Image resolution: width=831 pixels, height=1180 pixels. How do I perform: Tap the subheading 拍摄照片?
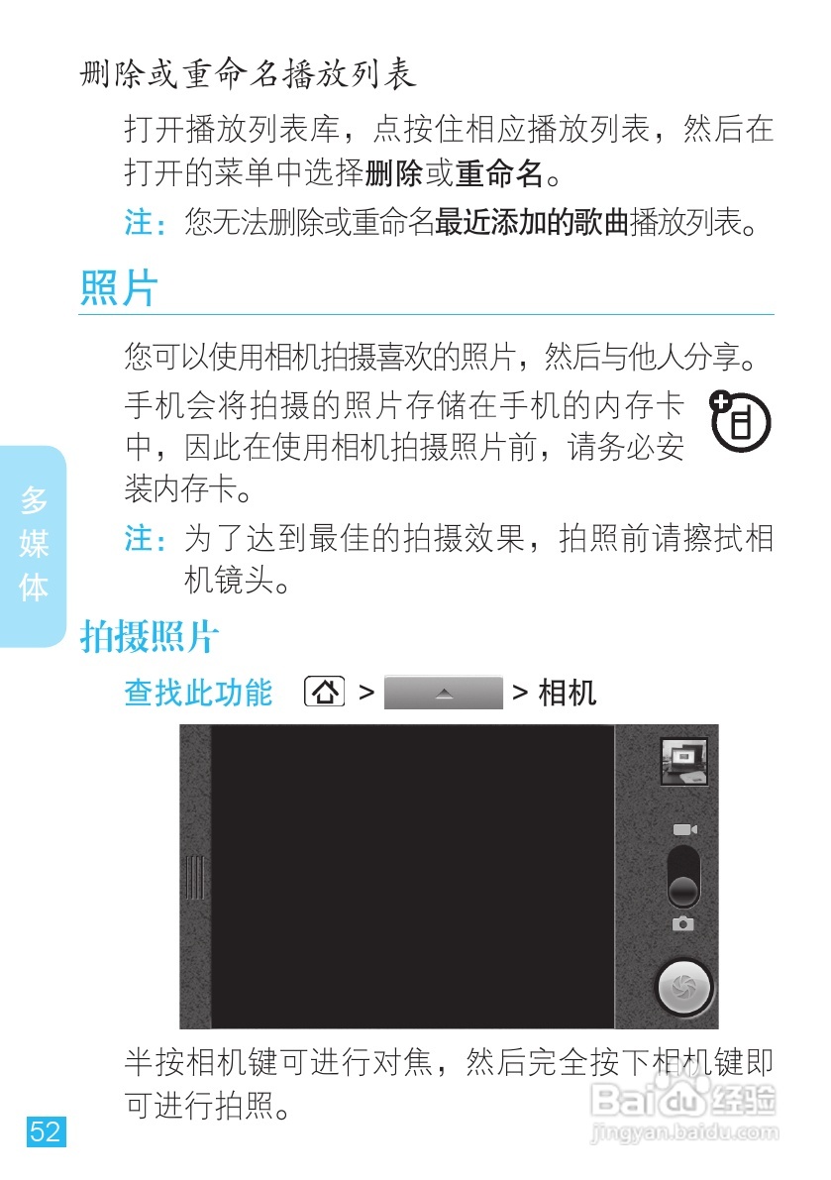(x=149, y=638)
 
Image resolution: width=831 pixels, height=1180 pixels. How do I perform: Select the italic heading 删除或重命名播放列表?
(x=248, y=74)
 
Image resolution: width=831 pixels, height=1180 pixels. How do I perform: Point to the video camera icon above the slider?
(x=684, y=829)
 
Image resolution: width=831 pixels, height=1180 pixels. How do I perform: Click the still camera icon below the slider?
(x=683, y=923)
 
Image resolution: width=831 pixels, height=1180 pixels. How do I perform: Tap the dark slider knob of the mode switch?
(x=683, y=891)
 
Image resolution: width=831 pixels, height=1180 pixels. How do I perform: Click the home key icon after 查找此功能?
(x=325, y=692)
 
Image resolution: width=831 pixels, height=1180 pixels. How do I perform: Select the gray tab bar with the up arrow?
(x=443, y=693)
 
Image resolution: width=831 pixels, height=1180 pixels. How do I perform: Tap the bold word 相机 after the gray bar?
(x=568, y=693)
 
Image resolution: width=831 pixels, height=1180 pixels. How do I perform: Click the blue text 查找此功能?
(x=198, y=693)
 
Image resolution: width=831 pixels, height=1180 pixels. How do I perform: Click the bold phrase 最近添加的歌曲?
(x=532, y=222)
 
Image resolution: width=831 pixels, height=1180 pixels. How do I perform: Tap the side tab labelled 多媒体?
(x=34, y=545)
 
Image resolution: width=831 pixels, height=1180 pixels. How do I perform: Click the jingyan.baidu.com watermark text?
(x=682, y=1131)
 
